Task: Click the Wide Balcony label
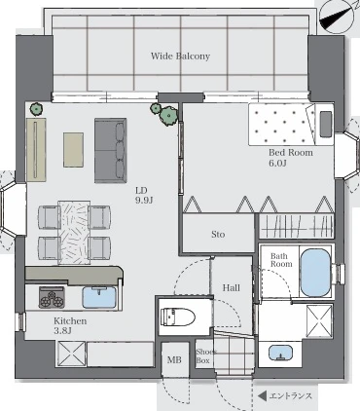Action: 180,56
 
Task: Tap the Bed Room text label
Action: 291,152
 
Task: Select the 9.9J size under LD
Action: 144,201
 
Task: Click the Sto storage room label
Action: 218,234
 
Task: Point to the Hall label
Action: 232,287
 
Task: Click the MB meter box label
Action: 174,359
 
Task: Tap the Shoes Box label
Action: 205,356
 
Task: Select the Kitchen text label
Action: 70,321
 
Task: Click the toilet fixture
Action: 178,317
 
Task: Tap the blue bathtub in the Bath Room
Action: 315,272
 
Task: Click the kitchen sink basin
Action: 99,297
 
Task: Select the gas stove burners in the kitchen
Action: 52,297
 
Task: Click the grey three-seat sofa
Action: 110,150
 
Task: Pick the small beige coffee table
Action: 73,150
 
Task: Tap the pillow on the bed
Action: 326,124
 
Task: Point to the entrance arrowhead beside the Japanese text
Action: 262,395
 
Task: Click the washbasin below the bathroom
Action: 281,353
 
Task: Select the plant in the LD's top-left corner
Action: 37,109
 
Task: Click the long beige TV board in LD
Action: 36,149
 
